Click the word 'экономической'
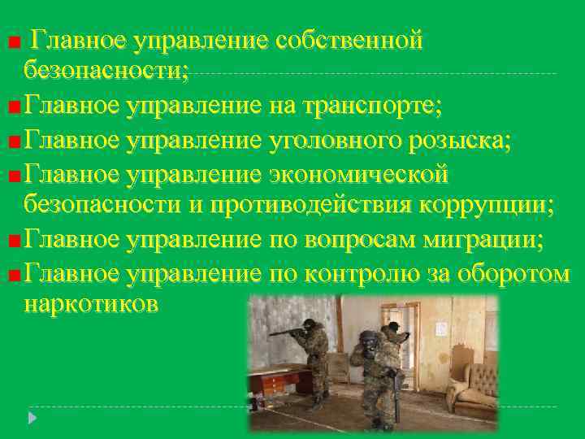pyautogui.click(x=358, y=174)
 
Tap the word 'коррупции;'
pyautogui.click(x=486, y=206)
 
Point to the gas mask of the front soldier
pyautogui.click(x=367, y=340)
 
